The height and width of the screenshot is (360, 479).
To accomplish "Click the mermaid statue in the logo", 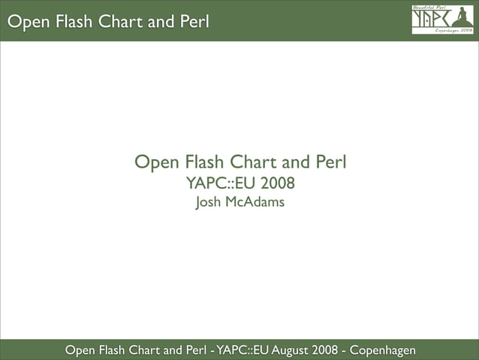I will pyautogui.click(x=462, y=19).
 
